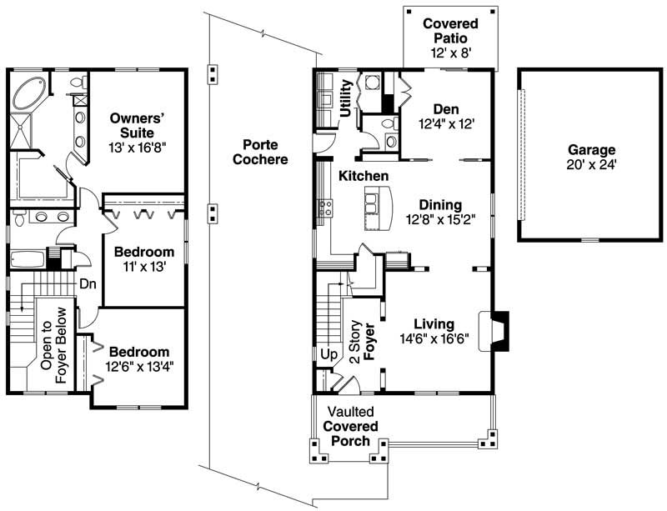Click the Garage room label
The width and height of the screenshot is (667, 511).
tap(591, 150)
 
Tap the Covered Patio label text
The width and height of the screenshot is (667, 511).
tap(449, 31)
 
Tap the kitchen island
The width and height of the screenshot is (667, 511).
tap(379, 208)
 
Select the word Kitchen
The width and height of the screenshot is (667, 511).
tap(363, 176)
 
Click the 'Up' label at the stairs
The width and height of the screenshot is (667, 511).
tap(328, 353)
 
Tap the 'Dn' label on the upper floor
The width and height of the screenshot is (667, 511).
tap(88, 283)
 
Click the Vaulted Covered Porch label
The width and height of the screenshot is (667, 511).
tap(350, 426)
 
